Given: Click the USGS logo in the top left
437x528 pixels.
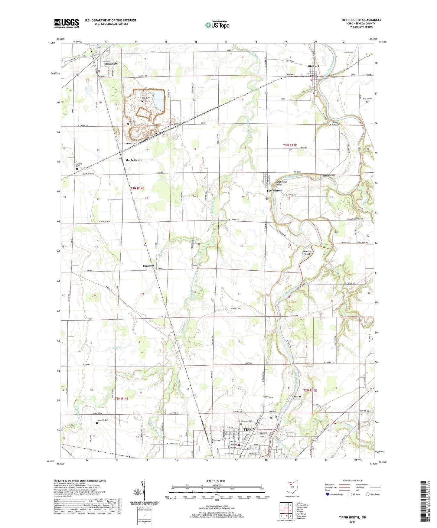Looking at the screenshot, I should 67,23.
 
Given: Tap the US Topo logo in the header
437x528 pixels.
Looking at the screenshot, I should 217,25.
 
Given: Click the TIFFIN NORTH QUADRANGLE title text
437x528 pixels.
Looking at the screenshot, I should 361,20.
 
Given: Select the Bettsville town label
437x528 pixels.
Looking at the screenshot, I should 111,64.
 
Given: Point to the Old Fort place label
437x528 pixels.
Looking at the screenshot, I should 313,66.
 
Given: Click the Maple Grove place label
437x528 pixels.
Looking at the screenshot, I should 134,160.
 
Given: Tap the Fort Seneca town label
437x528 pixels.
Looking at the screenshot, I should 274,191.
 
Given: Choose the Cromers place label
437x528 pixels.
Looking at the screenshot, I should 148,266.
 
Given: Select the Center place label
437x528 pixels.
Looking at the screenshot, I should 297,396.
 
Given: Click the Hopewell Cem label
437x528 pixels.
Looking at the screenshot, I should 103,420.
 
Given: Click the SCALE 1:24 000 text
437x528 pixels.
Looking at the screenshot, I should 215,481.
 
